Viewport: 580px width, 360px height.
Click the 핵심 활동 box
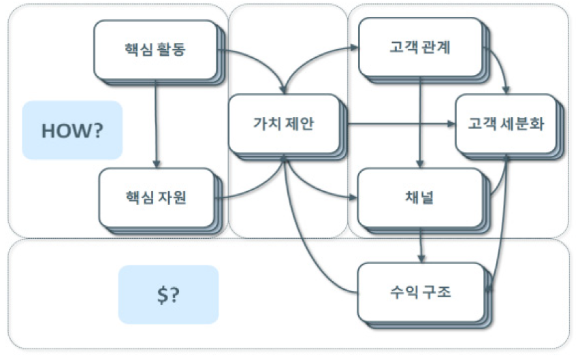(155, 50)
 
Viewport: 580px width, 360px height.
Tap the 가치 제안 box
(283, 125)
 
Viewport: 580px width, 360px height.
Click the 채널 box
(419, 198)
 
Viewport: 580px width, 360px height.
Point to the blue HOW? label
(72, 130)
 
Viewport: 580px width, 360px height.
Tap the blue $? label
(168, 294)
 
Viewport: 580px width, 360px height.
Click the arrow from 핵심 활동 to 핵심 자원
(157, 122)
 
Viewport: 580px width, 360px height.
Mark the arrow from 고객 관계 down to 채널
(420, 122)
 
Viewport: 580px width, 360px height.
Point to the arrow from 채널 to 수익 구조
(422, 246)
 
